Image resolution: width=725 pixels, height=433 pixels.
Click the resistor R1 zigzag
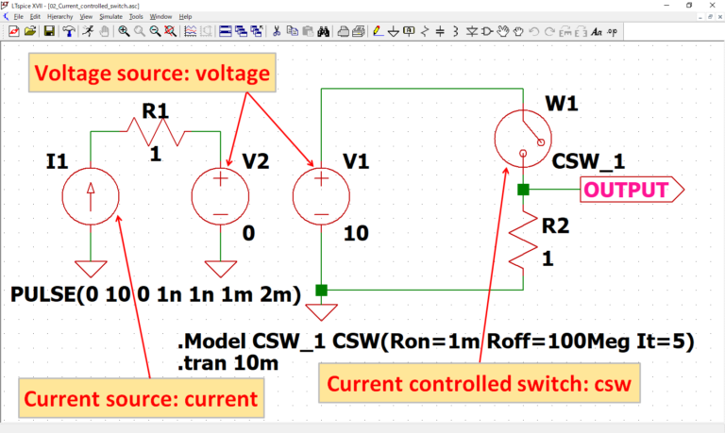pos(156,132)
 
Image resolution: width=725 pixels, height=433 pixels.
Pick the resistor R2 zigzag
pos(523,241)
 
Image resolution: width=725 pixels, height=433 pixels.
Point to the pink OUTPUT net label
pos(632,190)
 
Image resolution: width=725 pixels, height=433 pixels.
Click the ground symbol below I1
pos(91,269)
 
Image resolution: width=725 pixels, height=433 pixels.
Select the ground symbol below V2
pos(221,269)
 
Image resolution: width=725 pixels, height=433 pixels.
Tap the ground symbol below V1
pos(321,312)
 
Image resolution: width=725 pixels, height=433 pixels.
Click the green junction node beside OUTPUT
pos(523,190)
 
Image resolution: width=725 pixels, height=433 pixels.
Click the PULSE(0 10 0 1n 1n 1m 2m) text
pos(156,294)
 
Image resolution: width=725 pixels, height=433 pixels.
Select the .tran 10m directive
pos(228,363)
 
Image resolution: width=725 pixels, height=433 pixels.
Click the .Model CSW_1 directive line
pos(436,341)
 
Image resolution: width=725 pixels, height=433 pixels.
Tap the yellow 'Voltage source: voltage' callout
pos(152,73)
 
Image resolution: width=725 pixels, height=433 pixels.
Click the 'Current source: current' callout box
pos(141,398)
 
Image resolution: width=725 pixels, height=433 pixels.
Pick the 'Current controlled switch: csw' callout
pos(479,383)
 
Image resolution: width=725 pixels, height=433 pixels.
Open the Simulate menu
pos(111,17)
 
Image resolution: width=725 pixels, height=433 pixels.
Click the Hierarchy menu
pos(60,17)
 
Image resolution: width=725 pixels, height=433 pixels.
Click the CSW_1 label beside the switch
pos(588,161)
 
